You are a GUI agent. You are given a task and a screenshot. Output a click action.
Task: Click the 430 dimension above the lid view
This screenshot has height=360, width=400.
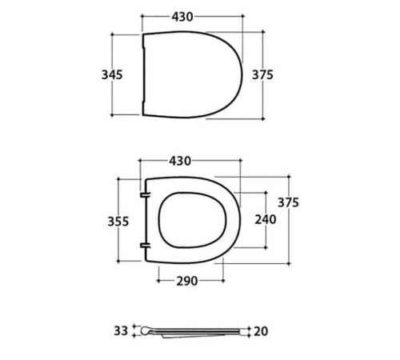tap(182, 17)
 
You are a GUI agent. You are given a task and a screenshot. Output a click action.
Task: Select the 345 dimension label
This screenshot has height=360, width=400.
tap(112, 74)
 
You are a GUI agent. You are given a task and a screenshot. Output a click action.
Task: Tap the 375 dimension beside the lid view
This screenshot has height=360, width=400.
tap(262, 74)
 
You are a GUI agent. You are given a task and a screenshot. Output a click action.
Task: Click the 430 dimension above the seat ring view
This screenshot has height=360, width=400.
tap(180, 161)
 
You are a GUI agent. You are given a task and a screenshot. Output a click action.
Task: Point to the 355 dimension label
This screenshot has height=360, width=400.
tap(118, 222)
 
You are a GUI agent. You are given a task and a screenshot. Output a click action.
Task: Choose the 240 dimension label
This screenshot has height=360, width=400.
tap(266, 220)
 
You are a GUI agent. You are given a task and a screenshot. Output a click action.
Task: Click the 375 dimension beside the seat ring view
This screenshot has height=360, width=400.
tap(288, 202)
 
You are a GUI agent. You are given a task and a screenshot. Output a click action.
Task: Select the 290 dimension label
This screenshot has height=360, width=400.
tap(187, 281)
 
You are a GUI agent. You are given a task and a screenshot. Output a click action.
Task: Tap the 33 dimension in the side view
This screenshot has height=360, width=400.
tap(121, 331)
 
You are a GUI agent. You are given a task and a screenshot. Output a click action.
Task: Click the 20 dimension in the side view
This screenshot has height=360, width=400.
tap(261, 331)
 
